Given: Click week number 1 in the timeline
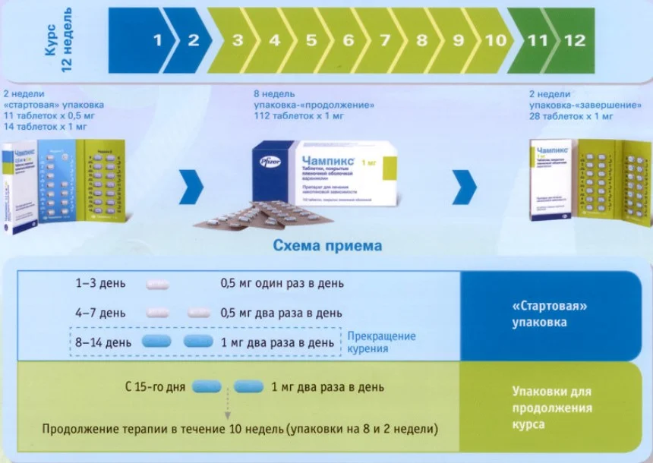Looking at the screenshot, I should (158, 40).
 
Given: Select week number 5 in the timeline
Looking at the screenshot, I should (311, 40).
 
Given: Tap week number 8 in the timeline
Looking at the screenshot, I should (421, 40).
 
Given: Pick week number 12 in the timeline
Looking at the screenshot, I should (575, 40).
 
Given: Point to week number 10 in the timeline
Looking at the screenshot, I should (496, 40).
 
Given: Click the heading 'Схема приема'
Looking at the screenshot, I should (327, 246).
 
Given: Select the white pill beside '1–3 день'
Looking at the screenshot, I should (158, 284).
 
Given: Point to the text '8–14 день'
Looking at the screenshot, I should (104, 342).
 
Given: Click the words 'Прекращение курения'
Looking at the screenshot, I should (381, 342).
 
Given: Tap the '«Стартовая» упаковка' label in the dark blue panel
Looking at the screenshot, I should (551, 315).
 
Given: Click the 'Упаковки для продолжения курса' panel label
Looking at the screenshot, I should (551, 408).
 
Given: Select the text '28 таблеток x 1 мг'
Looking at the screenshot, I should (571, 116).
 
